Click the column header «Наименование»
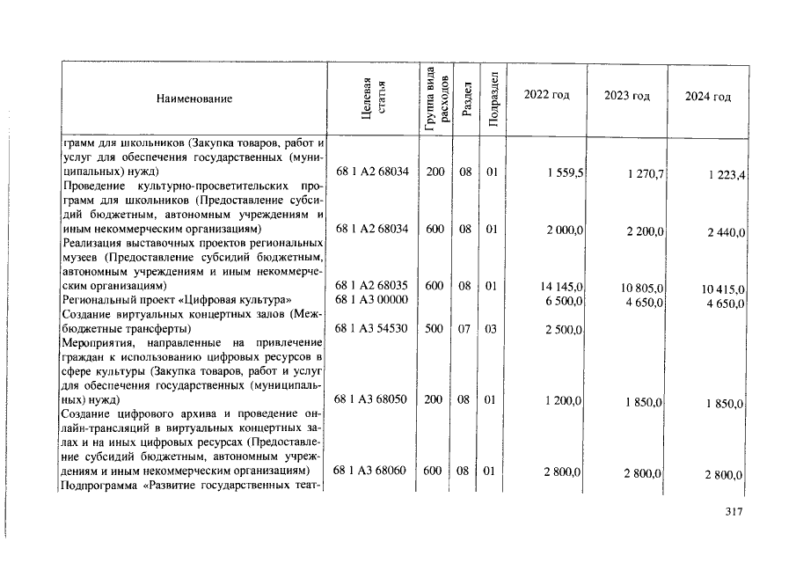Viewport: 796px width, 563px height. [x=194, y=99]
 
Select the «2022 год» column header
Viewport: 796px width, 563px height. [x=546, y=95]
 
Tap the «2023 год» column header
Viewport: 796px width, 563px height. [x=627, y=96]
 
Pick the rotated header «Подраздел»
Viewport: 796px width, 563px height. [x=493, y=99]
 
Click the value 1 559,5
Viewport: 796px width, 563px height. [x=563, y=173]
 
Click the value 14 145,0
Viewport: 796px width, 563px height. [x=559, y=287]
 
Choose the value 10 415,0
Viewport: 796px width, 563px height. [x=724, y=289]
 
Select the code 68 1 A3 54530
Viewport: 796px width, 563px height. [x=371, y=328]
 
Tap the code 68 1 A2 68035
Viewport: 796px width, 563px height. [x=371, y=286]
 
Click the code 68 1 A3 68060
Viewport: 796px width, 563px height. [x=371, y=471]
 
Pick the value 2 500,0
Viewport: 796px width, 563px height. [x=563, y=329]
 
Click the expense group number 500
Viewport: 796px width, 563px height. [x=434, y=328]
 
